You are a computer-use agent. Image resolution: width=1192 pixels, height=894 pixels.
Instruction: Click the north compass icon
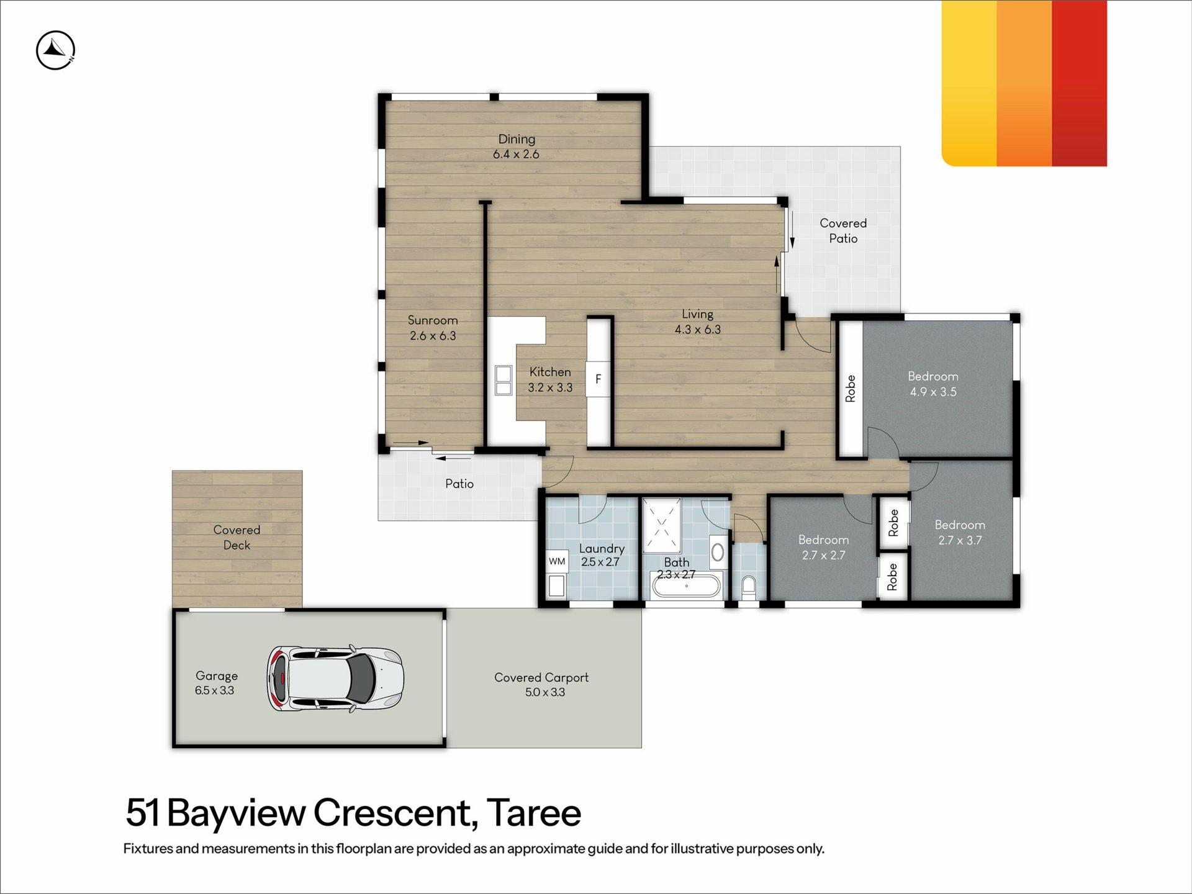55,50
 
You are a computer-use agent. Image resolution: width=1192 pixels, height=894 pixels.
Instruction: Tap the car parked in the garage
335,679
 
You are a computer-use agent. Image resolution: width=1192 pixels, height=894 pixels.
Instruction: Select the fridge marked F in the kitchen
598,379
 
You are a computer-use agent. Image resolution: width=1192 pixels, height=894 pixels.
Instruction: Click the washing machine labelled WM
557,561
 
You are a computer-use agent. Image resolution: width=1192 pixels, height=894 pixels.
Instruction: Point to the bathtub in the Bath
686,585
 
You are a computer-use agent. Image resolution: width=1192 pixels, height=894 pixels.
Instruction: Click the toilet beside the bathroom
749,587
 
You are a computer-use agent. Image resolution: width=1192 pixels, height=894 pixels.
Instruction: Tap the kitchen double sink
503,381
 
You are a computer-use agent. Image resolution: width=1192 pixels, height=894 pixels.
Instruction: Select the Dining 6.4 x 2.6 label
517,147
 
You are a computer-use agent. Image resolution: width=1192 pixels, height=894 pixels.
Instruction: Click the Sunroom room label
433,320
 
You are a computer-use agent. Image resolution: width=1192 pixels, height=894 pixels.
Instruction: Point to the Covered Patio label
843,230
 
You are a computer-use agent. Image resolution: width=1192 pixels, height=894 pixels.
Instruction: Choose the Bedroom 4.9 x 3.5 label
933,384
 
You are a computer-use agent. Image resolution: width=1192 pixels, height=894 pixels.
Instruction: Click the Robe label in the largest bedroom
851,389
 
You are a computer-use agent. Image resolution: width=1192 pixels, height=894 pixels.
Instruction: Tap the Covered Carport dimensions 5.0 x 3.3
545,692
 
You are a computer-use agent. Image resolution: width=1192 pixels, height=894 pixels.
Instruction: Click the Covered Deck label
237,537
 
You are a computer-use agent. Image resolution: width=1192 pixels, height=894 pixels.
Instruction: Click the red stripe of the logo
1080,83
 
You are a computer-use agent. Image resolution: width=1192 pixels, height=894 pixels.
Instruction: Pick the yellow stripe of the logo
969,83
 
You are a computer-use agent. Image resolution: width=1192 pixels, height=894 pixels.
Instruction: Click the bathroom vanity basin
718,552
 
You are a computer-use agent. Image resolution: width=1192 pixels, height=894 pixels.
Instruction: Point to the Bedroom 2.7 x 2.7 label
823,547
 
